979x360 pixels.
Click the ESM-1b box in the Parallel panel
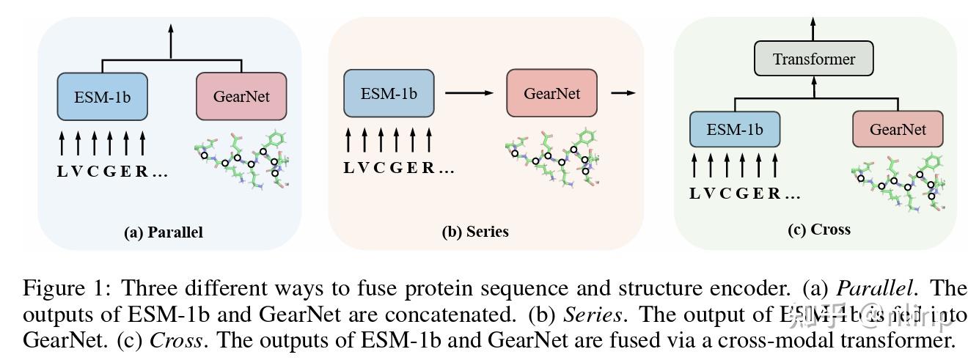click(102, 96)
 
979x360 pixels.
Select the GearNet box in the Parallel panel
click(241, 96)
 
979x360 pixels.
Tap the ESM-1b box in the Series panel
click(389, 94)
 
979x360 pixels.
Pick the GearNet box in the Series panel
click(551, 94)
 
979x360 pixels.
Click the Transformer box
click(814, 59)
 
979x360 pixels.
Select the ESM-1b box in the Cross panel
click(735, 130)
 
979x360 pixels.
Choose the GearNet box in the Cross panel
click(898, 130)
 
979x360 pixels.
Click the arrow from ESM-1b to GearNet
click(469, 93)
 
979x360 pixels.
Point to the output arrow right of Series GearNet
click(623, 93)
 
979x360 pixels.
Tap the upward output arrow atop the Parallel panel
click(171, 40)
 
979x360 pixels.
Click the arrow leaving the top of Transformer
click(813, 28)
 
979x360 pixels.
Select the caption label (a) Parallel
click(164, 232)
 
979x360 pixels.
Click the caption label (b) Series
click(474, 232)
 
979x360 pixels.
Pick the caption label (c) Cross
click(818, 229)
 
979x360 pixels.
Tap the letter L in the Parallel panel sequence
click(62, 172)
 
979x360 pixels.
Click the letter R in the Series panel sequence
click(428, 168)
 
